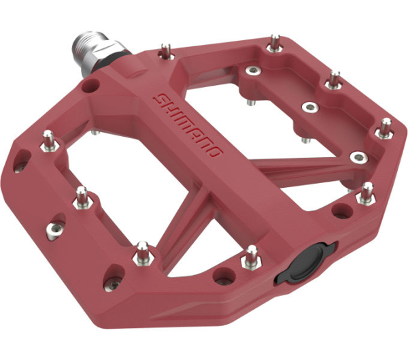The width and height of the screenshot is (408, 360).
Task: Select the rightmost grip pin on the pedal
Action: (386, 127)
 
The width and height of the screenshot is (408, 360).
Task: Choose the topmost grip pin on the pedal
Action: (273, 42)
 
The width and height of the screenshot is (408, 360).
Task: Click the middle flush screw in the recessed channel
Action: (309, 108)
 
